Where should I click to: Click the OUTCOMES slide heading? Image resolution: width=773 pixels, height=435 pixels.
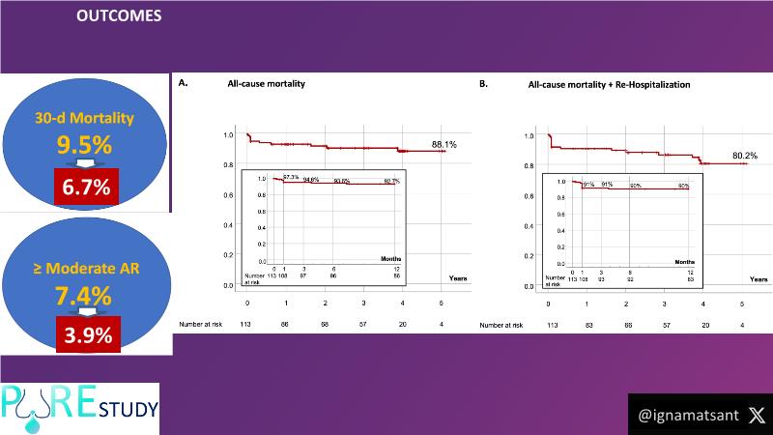click(119, 16)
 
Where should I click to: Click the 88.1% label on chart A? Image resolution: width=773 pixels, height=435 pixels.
click(445, 144)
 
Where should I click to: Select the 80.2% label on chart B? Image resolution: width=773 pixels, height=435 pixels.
click(745, 155)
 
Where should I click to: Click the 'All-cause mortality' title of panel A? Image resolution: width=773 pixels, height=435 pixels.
click(266, 85)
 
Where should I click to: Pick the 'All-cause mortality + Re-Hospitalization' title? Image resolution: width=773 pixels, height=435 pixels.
click(609, 85)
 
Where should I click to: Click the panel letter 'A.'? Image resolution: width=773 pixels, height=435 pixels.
click(183, 84)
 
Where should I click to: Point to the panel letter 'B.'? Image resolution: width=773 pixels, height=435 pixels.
click(483, 84)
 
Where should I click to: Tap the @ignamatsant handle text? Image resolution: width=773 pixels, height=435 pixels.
click(688, 415)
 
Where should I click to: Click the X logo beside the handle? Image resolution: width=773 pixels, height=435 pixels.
click(756, 414)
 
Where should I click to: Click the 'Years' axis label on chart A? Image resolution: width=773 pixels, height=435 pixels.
click(458, 278)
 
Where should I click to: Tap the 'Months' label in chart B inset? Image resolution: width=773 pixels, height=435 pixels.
click(683, 262)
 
